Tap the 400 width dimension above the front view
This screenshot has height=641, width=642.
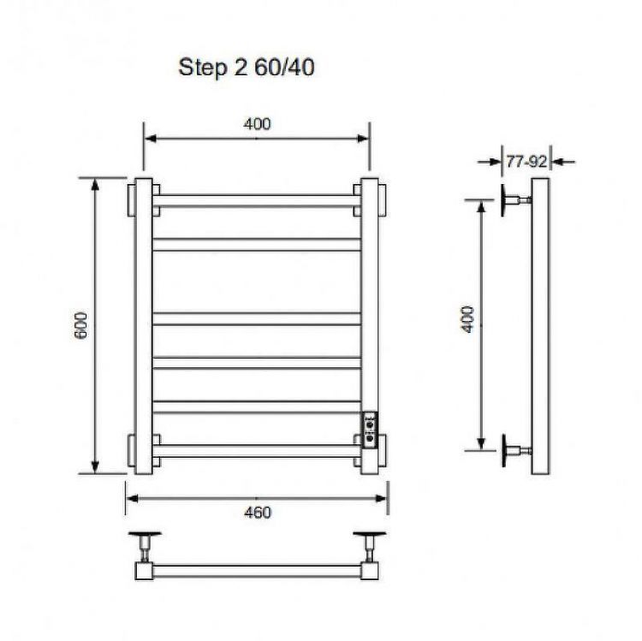tap(256, 124)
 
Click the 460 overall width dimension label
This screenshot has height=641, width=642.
tap(257, 513)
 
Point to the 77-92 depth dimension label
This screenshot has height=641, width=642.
tap(526, 160)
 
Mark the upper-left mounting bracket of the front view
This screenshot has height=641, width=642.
tap(131, 201)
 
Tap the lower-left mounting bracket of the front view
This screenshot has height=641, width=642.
tap(131, 448)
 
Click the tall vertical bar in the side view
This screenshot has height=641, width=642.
tap(539, 325)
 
